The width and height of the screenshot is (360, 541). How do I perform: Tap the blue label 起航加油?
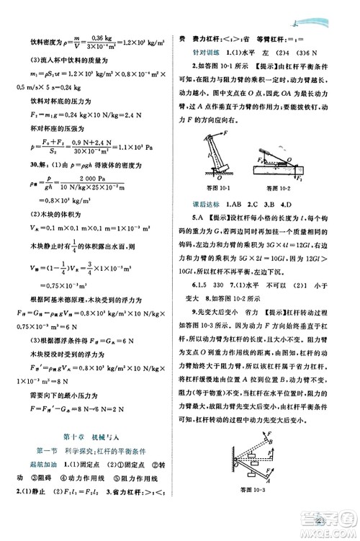pyautogui.click(x=35, y=463)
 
